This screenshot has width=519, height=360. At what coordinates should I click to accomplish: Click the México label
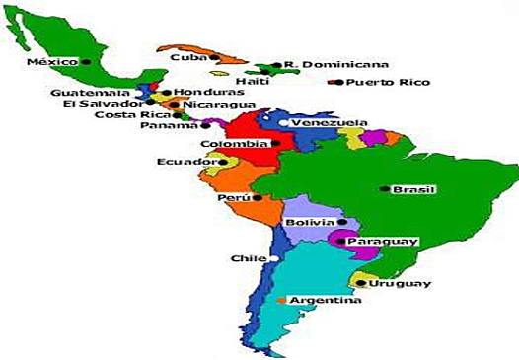(51, 61)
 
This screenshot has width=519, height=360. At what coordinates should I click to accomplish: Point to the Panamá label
(166, 126)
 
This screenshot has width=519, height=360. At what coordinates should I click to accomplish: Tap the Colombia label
(234, 143)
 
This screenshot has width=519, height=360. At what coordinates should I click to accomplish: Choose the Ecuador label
(185, 161)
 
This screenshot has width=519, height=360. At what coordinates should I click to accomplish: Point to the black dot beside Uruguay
(359, 284)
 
